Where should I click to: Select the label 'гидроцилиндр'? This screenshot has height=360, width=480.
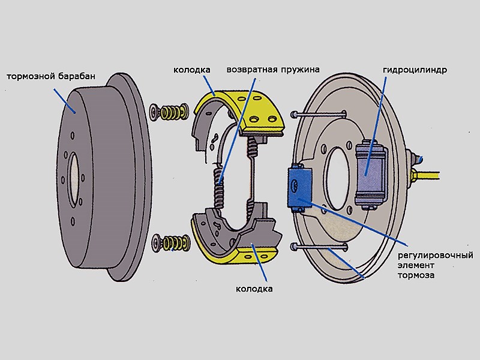pos(415,70)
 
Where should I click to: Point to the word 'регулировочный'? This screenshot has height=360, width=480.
pos(436,256)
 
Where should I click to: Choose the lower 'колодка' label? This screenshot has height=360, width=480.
pos(255,289)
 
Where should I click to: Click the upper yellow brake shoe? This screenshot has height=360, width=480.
pos(240,108)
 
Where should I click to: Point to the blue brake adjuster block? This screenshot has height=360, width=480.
pos(299,187)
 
